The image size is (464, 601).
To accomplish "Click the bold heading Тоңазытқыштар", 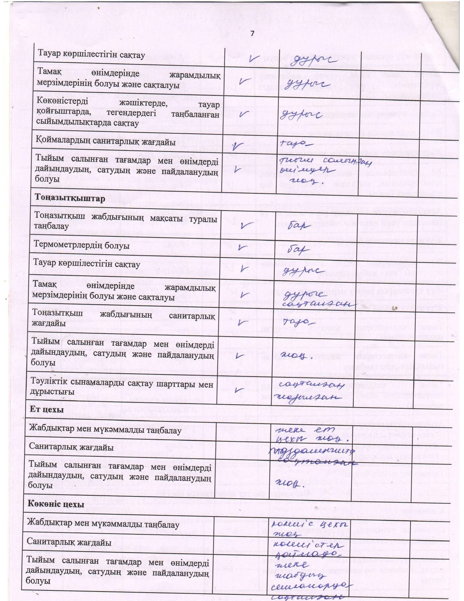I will tap(70, 199).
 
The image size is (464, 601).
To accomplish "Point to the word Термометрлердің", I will tap(63, 245).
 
